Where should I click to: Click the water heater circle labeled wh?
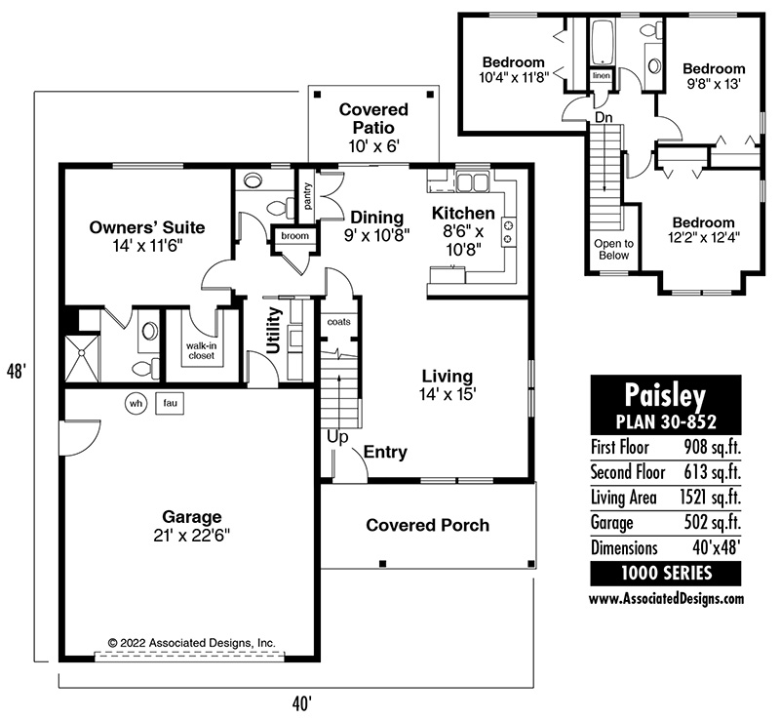(136, 403)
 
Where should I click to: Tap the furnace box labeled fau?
(170, 403)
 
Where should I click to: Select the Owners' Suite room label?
(147, 227)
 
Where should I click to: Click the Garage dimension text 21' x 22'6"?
(191, 536)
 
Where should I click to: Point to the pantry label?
(307, 196)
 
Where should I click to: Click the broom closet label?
(295, 235)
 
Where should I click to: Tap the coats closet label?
(338, 322)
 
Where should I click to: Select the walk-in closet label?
(202, 350)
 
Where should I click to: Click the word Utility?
(274, 330)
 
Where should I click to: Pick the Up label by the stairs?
(337, 437)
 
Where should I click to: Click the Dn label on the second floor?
(604, 117)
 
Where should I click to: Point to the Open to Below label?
(614, 250)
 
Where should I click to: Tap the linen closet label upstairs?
(602, 76)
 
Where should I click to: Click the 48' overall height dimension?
(16, 371)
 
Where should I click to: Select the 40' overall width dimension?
(302, 704)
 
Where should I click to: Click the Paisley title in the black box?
(665, 395)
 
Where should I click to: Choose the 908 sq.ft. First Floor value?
(713, 447)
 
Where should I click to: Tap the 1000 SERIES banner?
(666, 573)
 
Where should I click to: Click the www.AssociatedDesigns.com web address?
(667, 598)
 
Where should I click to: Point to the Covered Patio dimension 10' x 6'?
(374, 146)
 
